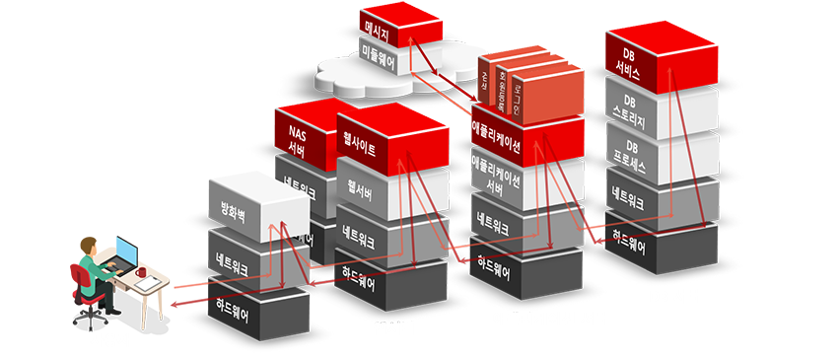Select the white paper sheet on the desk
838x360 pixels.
coord(148,284)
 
